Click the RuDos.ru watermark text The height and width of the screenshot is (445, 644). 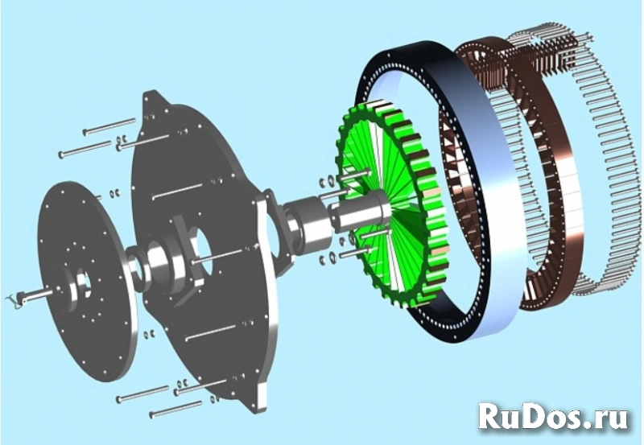(555, 416)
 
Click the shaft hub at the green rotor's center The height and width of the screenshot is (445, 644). (366, 213)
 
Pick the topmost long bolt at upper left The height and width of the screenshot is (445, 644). (108, 126)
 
